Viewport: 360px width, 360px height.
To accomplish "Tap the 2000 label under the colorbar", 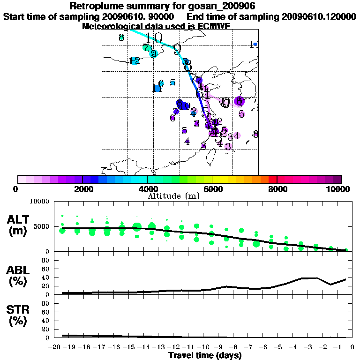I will [82, 189].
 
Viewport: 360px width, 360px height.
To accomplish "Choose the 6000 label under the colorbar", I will [212, 189].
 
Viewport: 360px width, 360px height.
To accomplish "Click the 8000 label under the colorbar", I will [277, 189].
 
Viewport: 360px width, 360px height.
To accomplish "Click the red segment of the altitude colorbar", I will [272, 179].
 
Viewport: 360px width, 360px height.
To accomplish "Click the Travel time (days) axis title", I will [204, 356].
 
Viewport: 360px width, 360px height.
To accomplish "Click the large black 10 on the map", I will [154, 38].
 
